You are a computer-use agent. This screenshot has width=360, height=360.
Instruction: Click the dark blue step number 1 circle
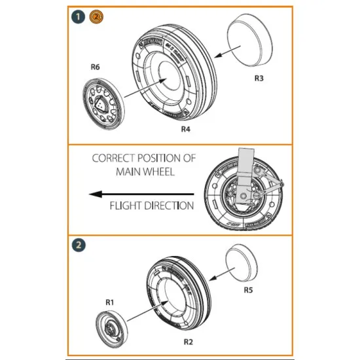coord(79,16)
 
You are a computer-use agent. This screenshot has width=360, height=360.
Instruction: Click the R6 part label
coord(95,66)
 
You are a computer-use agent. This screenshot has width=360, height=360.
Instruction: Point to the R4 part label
coord(187,130)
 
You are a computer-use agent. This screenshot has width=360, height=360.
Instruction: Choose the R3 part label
coord(259,78)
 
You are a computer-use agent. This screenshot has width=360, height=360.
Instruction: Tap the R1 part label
coord(110,302)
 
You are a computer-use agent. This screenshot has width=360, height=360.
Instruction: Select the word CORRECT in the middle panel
coord(112,158)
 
